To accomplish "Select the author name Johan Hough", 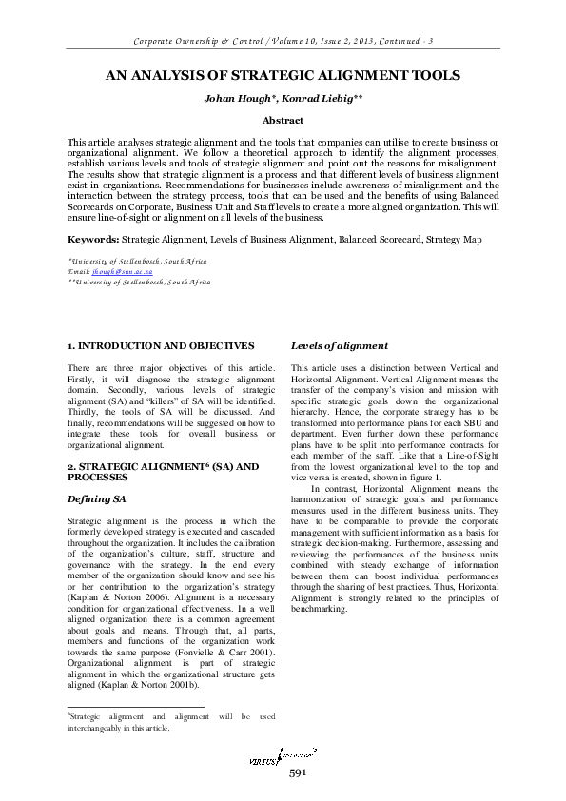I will [232, 98].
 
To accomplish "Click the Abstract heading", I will [283, 121].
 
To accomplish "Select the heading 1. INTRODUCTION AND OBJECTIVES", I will [161, 346].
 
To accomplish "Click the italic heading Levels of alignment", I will [340, 346].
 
